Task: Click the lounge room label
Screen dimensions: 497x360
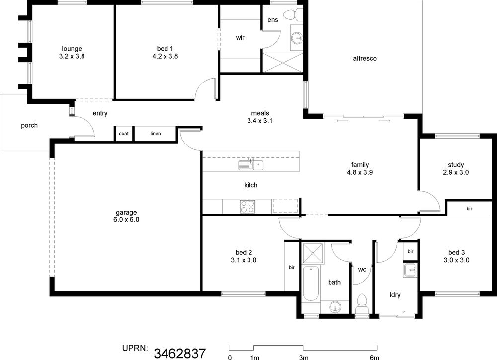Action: [72, 49]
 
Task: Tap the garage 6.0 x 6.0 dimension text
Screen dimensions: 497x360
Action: [126, 220]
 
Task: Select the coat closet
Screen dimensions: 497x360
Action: [124, 133]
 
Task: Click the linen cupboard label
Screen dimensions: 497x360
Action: [155, 133]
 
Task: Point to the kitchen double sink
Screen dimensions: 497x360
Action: [250, 165]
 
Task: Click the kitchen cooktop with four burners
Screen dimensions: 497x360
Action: [247, 207]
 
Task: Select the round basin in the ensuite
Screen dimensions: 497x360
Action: [298, 38]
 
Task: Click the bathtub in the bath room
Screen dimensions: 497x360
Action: [311, 284]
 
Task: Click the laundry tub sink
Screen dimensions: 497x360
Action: [410, 270]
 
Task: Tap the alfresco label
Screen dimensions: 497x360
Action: [365, 58]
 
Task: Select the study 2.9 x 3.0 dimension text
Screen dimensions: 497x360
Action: [456, 172]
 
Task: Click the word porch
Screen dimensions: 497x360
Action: [29, 126]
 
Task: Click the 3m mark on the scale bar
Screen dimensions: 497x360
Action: [303, 358]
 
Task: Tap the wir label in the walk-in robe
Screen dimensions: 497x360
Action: [240, 38]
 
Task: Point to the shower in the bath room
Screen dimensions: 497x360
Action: [313, 253]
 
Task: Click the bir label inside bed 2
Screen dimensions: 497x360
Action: [292, 267]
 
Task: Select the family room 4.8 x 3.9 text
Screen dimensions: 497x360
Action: [360, 172]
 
